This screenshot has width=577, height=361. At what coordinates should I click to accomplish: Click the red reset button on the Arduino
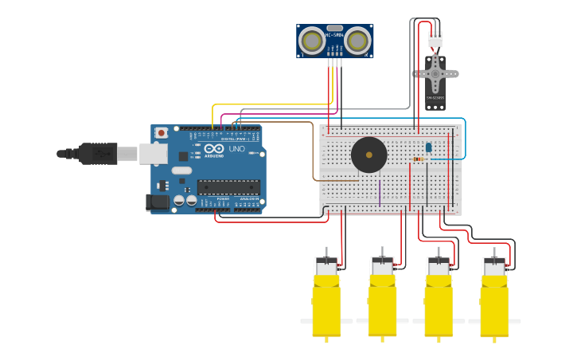coord(162,133)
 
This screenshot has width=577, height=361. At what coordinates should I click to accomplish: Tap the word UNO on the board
coord(237,149)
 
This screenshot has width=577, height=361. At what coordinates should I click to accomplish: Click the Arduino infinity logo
coord(214,149)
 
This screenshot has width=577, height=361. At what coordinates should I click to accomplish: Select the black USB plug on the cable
coord(98,153)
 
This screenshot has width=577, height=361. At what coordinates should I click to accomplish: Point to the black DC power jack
coord(158,202)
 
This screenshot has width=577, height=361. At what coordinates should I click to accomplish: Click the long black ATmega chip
coord(228,187)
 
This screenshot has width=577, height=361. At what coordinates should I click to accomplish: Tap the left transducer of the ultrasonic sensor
coord(311,40)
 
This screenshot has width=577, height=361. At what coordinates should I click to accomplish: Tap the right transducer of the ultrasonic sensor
coord(358,40)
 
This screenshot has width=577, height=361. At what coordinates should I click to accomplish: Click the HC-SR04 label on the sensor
coord(335,36)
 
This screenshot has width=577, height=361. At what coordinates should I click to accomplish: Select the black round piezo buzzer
coord(368,155)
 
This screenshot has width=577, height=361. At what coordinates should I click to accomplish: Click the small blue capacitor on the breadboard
coord(428,147)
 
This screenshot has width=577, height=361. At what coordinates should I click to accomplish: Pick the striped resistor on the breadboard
coord(419,159)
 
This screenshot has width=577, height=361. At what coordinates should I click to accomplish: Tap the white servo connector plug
coord(435,39)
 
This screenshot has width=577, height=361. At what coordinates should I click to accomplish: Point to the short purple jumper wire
coord(380,192)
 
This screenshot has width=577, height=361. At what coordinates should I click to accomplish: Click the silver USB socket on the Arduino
coord(152,153)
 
